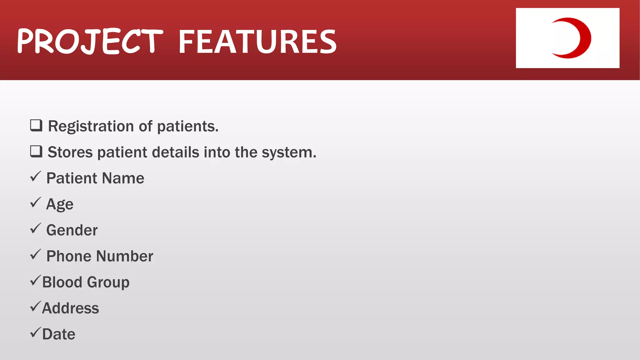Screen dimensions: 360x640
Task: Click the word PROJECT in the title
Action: [x=90, y=41]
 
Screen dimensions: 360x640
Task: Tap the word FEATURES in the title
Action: [x=257, y=42]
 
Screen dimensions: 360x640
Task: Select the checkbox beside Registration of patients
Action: [x=36, y=126]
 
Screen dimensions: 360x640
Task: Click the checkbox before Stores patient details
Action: [x=36, y=152]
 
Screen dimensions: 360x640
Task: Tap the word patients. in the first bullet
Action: [x=187, y=127]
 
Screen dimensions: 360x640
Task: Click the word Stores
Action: [x=70, y=152]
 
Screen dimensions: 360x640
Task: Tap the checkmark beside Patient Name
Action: [x=36, y=177]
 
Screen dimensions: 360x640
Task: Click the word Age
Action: [x=60, y=205]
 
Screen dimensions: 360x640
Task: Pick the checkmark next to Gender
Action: [x=36, y=228]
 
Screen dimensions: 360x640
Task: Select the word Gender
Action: [x=72, y=230]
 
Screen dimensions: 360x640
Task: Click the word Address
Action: [x=70, y=308]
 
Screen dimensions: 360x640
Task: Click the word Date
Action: [x=59, y=334]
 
